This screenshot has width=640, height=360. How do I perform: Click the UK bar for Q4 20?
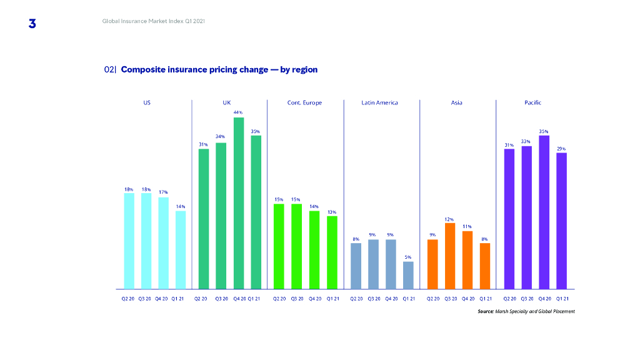(238, 203)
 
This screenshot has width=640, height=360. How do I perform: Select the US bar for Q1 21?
(181, 250)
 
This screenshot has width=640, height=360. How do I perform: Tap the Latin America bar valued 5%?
(408, 275)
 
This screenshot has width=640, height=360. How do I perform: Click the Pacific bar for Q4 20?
(544, 212)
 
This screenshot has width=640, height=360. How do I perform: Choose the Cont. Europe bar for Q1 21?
(332, 252)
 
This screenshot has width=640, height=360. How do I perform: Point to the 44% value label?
(238, 112)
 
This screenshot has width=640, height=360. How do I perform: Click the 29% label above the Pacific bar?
(561, 149)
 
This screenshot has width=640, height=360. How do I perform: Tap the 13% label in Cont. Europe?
(332, 212)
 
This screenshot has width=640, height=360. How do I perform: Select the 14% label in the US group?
(181, 206)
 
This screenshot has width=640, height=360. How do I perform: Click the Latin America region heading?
(379, 102)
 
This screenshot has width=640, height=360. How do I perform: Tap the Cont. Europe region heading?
(304, 102)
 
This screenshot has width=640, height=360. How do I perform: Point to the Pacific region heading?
(533, 102)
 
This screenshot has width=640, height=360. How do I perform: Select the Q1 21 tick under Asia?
(486, 299)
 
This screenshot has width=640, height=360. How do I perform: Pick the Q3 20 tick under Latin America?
(374, 299)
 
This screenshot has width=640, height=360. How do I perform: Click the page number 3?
(32, 24)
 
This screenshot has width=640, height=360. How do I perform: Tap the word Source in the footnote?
(486, 311)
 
